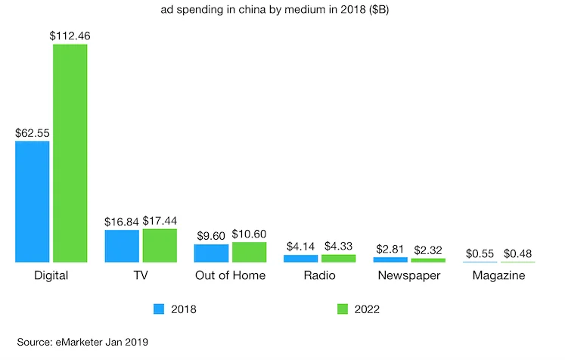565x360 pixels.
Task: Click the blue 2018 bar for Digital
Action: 33,202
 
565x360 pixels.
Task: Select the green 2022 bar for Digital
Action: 70,154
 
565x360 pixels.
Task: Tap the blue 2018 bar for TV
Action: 122,246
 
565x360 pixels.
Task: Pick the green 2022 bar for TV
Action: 160,245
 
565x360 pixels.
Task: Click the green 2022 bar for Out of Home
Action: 249,252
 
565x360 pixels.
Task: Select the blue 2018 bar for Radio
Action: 301,259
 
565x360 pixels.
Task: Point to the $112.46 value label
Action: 70,35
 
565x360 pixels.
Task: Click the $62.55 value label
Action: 33,132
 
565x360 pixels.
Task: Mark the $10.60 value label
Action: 249,234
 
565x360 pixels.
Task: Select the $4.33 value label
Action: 338,246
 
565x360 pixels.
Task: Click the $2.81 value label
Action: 390,249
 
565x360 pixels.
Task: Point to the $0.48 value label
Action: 517,253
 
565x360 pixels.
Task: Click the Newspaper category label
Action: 409,275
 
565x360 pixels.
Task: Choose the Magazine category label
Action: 498,275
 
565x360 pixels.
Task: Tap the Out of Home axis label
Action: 230,275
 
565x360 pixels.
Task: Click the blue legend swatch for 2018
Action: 159,309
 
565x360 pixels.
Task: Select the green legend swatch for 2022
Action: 341,309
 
